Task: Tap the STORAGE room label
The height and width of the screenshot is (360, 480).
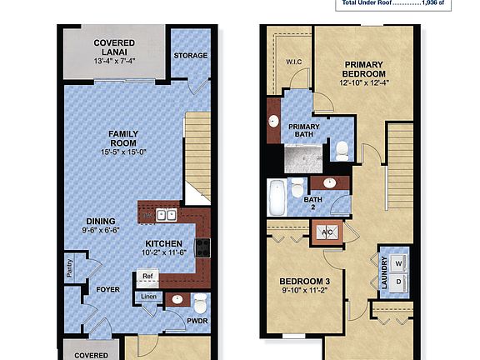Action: (x=190, y=56)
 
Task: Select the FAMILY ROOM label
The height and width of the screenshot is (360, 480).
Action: (x=122, y=142)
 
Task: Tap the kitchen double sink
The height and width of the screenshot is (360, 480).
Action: (x=166, y=214)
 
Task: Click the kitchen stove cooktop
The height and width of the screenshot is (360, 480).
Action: (x=202, y=247)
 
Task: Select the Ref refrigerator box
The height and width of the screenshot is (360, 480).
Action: (x=147, y=276)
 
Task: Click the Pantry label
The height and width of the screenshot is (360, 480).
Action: (x=69, y=268)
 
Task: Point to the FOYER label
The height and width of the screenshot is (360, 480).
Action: (x=108, y=290)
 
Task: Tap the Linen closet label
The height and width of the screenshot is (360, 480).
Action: (x=148, y=297)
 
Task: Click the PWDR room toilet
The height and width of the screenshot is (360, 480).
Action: (x=198, y=302)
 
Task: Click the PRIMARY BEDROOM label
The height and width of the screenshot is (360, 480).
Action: (x=363, y=74)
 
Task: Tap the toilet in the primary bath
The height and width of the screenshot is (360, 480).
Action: (x=342, y=150)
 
